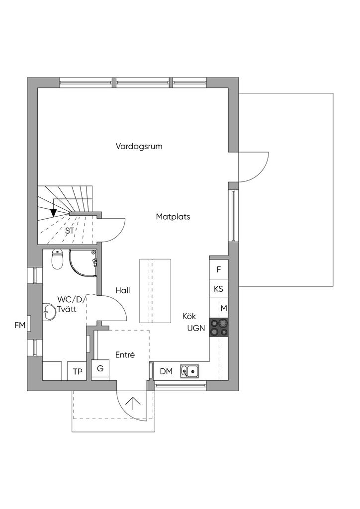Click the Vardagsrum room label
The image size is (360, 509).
tap(139, 147)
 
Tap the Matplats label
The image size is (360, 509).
tap(173, 217)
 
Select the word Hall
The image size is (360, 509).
tap(122, 290)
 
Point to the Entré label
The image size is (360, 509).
tap(125, 355)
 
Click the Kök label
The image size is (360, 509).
tap(189, 316)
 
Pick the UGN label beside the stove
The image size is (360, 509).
tap(196, 328)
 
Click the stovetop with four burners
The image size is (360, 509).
tap(219, 327)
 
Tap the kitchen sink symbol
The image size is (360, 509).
tap(189, 371)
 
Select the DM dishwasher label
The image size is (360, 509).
tap(166, 371)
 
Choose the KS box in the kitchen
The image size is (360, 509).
tap(219, 289)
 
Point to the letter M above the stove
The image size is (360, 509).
tap(224, 308)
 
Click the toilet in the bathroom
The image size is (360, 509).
tap(58, 259)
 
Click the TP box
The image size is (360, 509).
tap(77, 371)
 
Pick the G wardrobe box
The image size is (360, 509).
tap(100, 369)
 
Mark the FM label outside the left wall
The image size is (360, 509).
tap(20, 326)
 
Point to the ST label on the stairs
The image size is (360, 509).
tap(70, 231)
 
